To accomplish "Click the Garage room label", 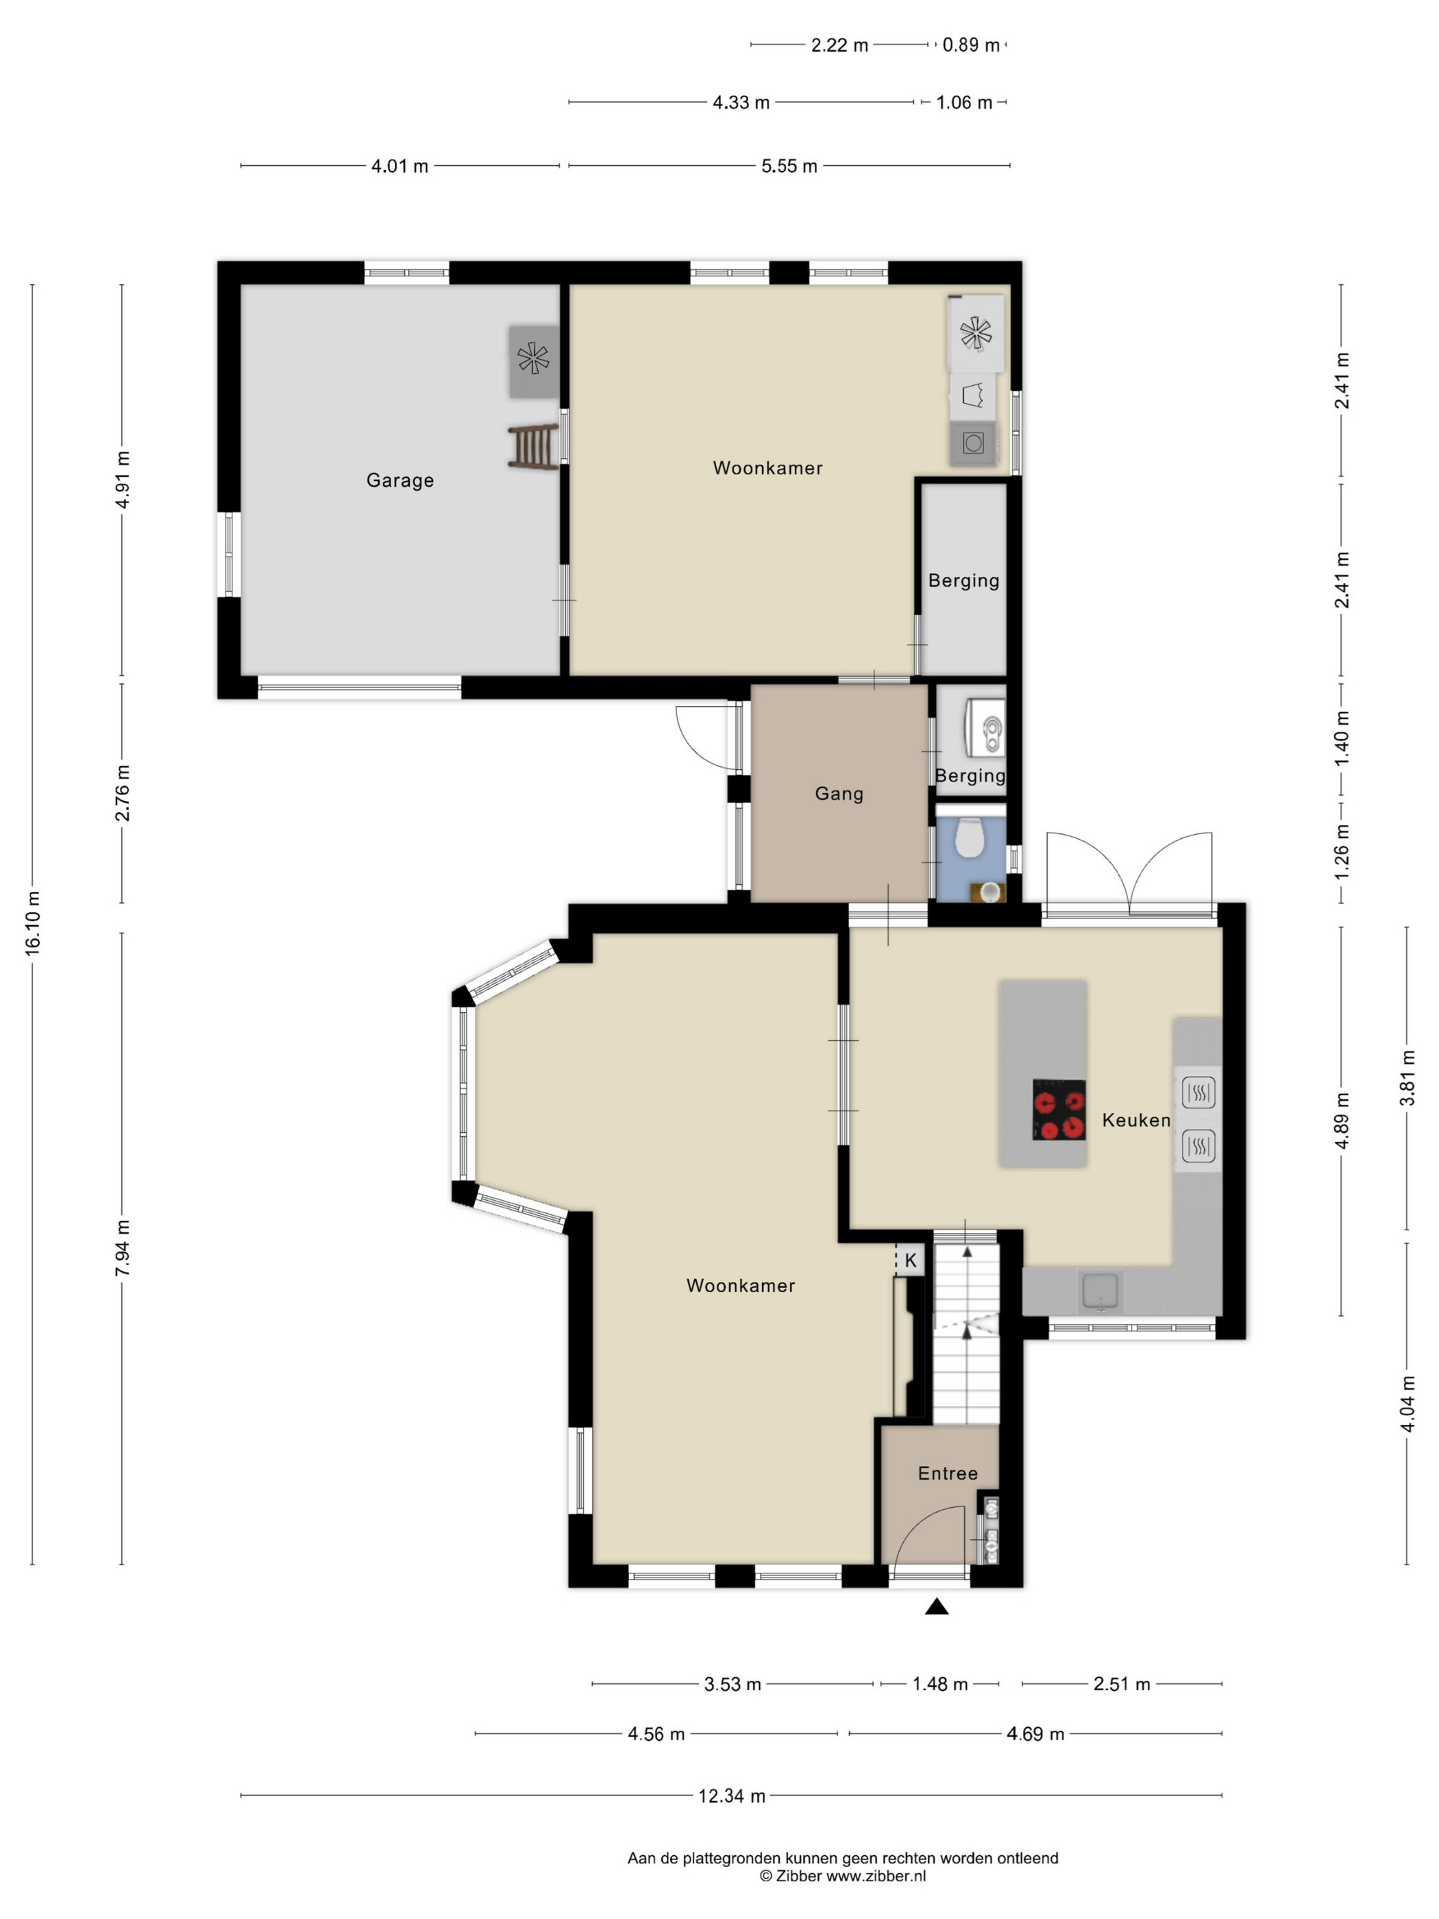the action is pyautogui.click(x=400, y=480).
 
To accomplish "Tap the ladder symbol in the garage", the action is pyautogui.click(x=532, y=448).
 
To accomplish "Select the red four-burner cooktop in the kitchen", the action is pyautogui.click(x=1059, y=1110).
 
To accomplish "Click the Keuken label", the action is pyautogui.click(x=1136, y=1120).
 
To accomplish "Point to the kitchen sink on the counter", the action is pyautogui.click(x=1100, y=1292).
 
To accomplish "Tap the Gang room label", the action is pyautogui.click(x=839, y=793).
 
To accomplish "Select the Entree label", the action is pyautogui.click(x=947, y=1473).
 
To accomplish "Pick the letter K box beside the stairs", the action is pyautogui.click(x=910, y=1260).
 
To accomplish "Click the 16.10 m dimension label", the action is pyautogui.click(x=33, y=923).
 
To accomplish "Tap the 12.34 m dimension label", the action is pyautogui.click(x=732, y=1796).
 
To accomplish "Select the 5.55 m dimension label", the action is pyautogui.click(x=789, y=166).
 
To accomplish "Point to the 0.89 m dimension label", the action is pyautogui.click(x=970, y=45).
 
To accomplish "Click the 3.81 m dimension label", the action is pyautogui.click(x=1407, y=1077).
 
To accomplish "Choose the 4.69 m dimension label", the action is pyautogui.click(x=1035, y=1733).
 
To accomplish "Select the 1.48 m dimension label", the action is pyautogui.click(x=940, y=1684).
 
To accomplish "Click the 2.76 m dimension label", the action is pyautogui.click(x=122, y=793).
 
